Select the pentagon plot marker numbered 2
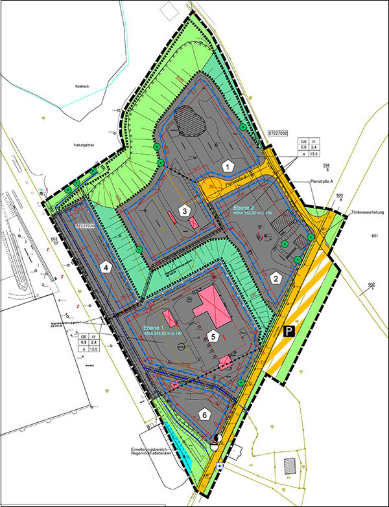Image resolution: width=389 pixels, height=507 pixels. point(277,278)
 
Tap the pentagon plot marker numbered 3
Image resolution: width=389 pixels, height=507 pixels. point(185,211)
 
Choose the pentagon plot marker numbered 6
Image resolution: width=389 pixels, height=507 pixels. point(204,414)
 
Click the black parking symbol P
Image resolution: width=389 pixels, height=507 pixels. point(289,332)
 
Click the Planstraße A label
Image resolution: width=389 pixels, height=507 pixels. point(321,182)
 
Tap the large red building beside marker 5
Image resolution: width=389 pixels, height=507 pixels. point(214,308)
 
